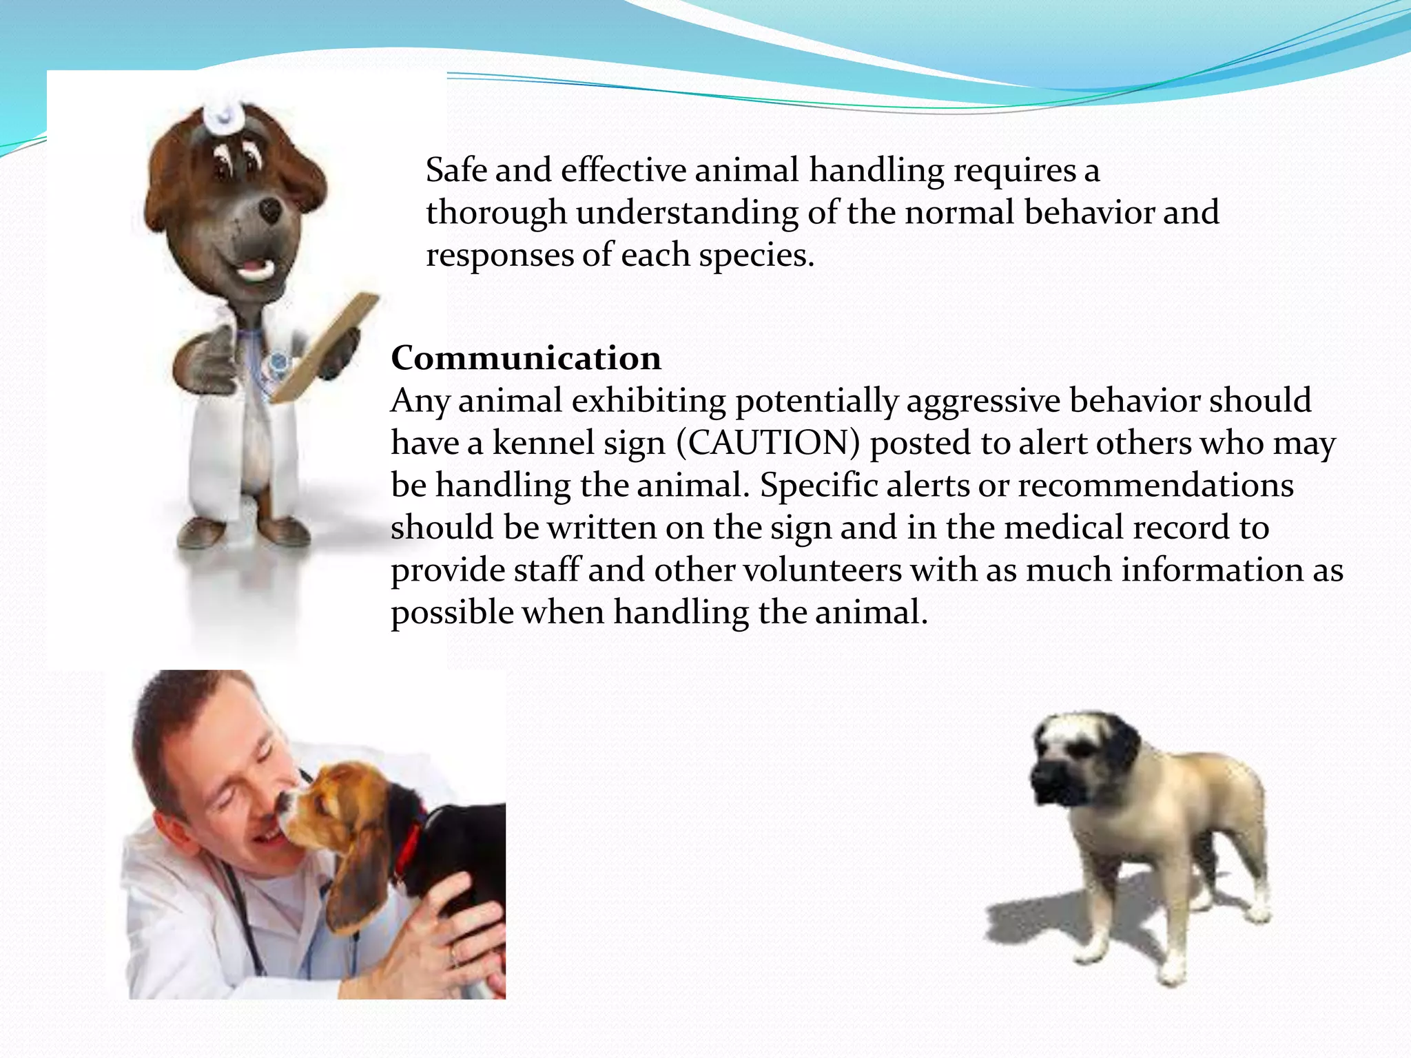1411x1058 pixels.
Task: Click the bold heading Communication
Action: click(526, 358)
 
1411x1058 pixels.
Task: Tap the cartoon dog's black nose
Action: click(270, 209)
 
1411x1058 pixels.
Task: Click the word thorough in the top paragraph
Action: click(496, 213)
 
